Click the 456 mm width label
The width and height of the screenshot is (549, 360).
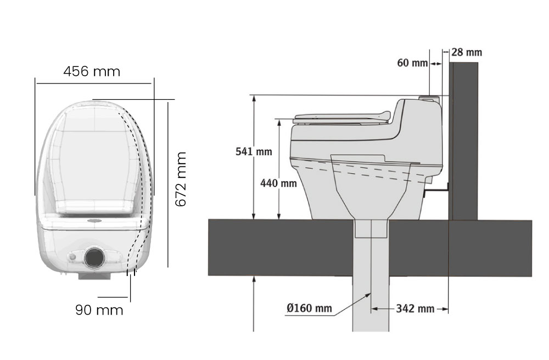[x=92, y=71]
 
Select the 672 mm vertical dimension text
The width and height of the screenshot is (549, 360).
[x=181, y=179]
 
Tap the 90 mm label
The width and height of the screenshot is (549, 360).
[x=99, y=310]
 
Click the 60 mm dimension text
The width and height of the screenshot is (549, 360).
[x=412, y=63]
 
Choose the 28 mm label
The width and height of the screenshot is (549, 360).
[x=467, y=53]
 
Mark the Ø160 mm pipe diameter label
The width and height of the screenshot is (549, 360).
[x=309, y=308]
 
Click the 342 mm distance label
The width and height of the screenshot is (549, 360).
[x=415, y=308]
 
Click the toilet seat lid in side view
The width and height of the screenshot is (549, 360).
[x=340, y=117]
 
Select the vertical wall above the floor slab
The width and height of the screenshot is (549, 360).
[x=463, y=137]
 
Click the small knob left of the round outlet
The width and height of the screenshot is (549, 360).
[x=74, y=257]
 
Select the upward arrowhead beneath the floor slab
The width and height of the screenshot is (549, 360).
[x=255, y=279]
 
